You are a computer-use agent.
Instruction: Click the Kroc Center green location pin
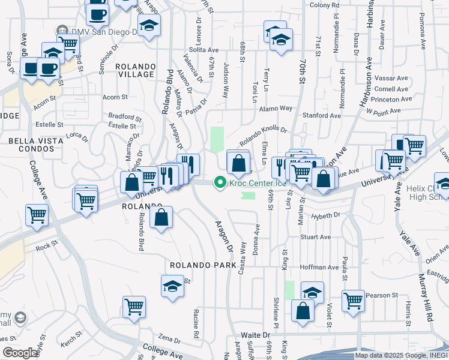click(220, 182)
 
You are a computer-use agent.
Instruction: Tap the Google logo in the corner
click(20, 353)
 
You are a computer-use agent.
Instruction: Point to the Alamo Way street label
click(276, 109)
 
